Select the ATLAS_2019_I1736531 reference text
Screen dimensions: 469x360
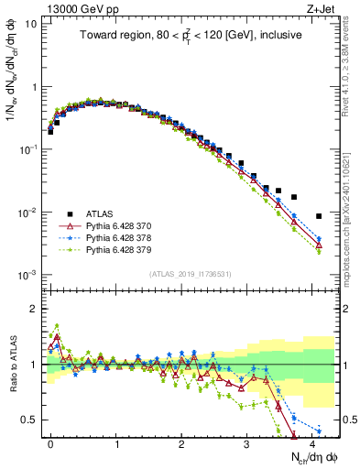coord(191,275)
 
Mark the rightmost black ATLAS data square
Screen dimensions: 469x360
coord(319,216)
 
